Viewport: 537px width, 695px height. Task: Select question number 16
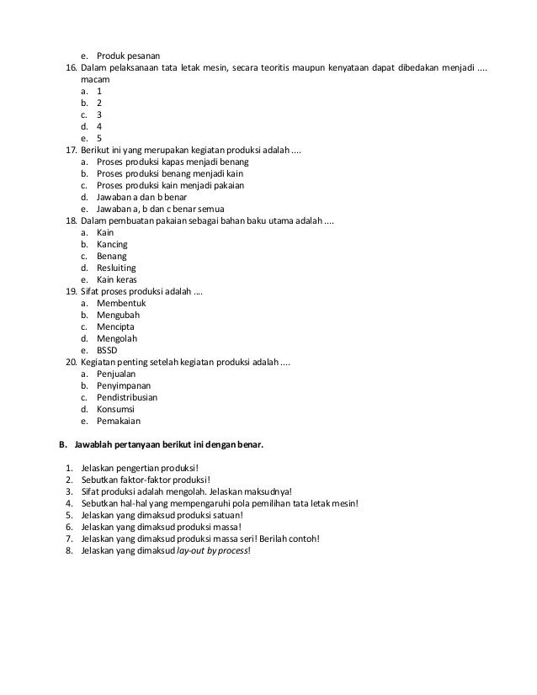[72, 43]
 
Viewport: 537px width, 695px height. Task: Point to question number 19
[72, 291]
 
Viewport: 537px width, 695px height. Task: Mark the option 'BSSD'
[109, 350]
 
